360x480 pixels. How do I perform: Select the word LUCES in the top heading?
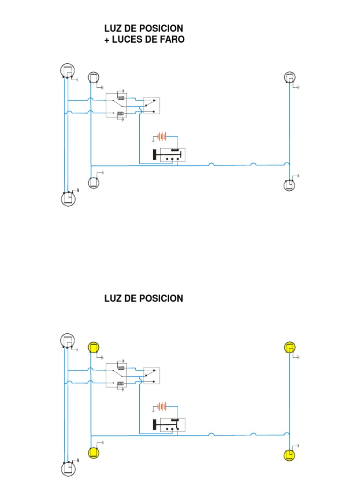125,40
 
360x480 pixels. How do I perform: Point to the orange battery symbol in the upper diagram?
162,137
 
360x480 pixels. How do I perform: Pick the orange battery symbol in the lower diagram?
162,406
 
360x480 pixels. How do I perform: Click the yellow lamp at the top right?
290,347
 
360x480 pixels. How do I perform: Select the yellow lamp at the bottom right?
290,455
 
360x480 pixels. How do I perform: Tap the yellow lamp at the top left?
94,347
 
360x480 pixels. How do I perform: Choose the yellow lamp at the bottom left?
94,453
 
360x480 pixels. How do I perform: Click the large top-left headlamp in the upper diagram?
67,71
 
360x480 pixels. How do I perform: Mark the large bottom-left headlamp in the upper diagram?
68,199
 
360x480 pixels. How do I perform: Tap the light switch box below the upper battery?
169,155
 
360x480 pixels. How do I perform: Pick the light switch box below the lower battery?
169,425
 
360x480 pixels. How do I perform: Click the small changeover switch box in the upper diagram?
151,105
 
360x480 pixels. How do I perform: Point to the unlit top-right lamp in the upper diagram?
290,77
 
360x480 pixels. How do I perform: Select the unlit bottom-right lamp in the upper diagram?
290,185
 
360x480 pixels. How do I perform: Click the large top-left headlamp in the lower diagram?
67,341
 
